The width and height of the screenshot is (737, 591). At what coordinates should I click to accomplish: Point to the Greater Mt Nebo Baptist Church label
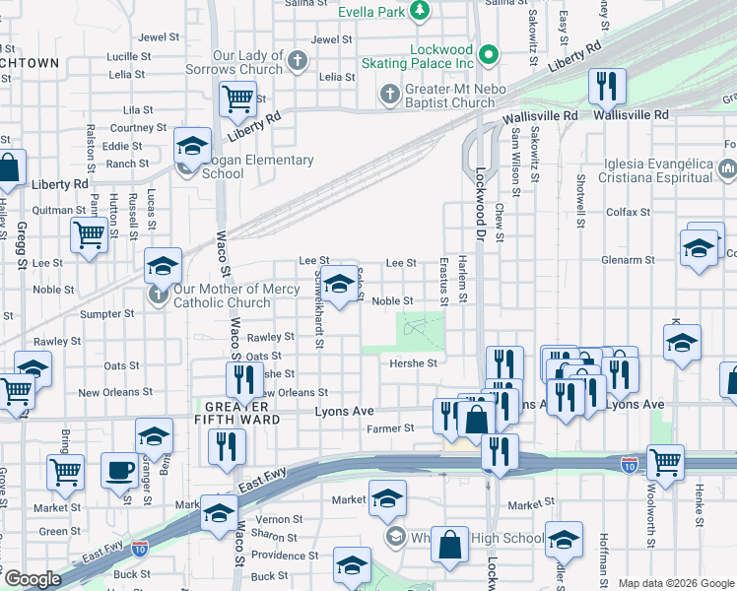(x=449, y=96)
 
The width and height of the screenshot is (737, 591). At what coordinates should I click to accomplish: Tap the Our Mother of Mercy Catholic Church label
(x=222, y=295)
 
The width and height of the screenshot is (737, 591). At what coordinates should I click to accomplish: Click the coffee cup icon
(x=120, y=470)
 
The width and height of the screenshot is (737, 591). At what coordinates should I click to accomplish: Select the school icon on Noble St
(x=340, y=286)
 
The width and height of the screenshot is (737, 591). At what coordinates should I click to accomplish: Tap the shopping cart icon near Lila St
(x=237, y=98)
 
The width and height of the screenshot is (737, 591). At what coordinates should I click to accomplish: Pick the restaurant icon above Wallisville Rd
(x=607, y=86)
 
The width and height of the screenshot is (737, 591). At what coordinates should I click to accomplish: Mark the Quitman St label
(x=58, y=209)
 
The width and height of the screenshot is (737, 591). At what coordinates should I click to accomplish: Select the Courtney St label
(x=131, y=128)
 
